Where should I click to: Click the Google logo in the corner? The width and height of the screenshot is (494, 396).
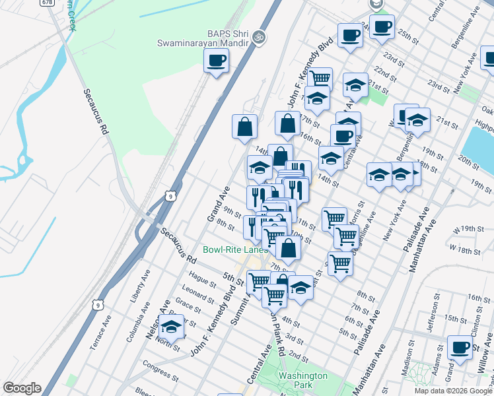(22, 388)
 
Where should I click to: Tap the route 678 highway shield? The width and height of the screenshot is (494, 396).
(47, 3)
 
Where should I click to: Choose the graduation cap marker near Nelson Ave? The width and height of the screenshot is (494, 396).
(171, 325)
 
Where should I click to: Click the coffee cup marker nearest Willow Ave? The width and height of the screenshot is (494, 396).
(460, 347)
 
